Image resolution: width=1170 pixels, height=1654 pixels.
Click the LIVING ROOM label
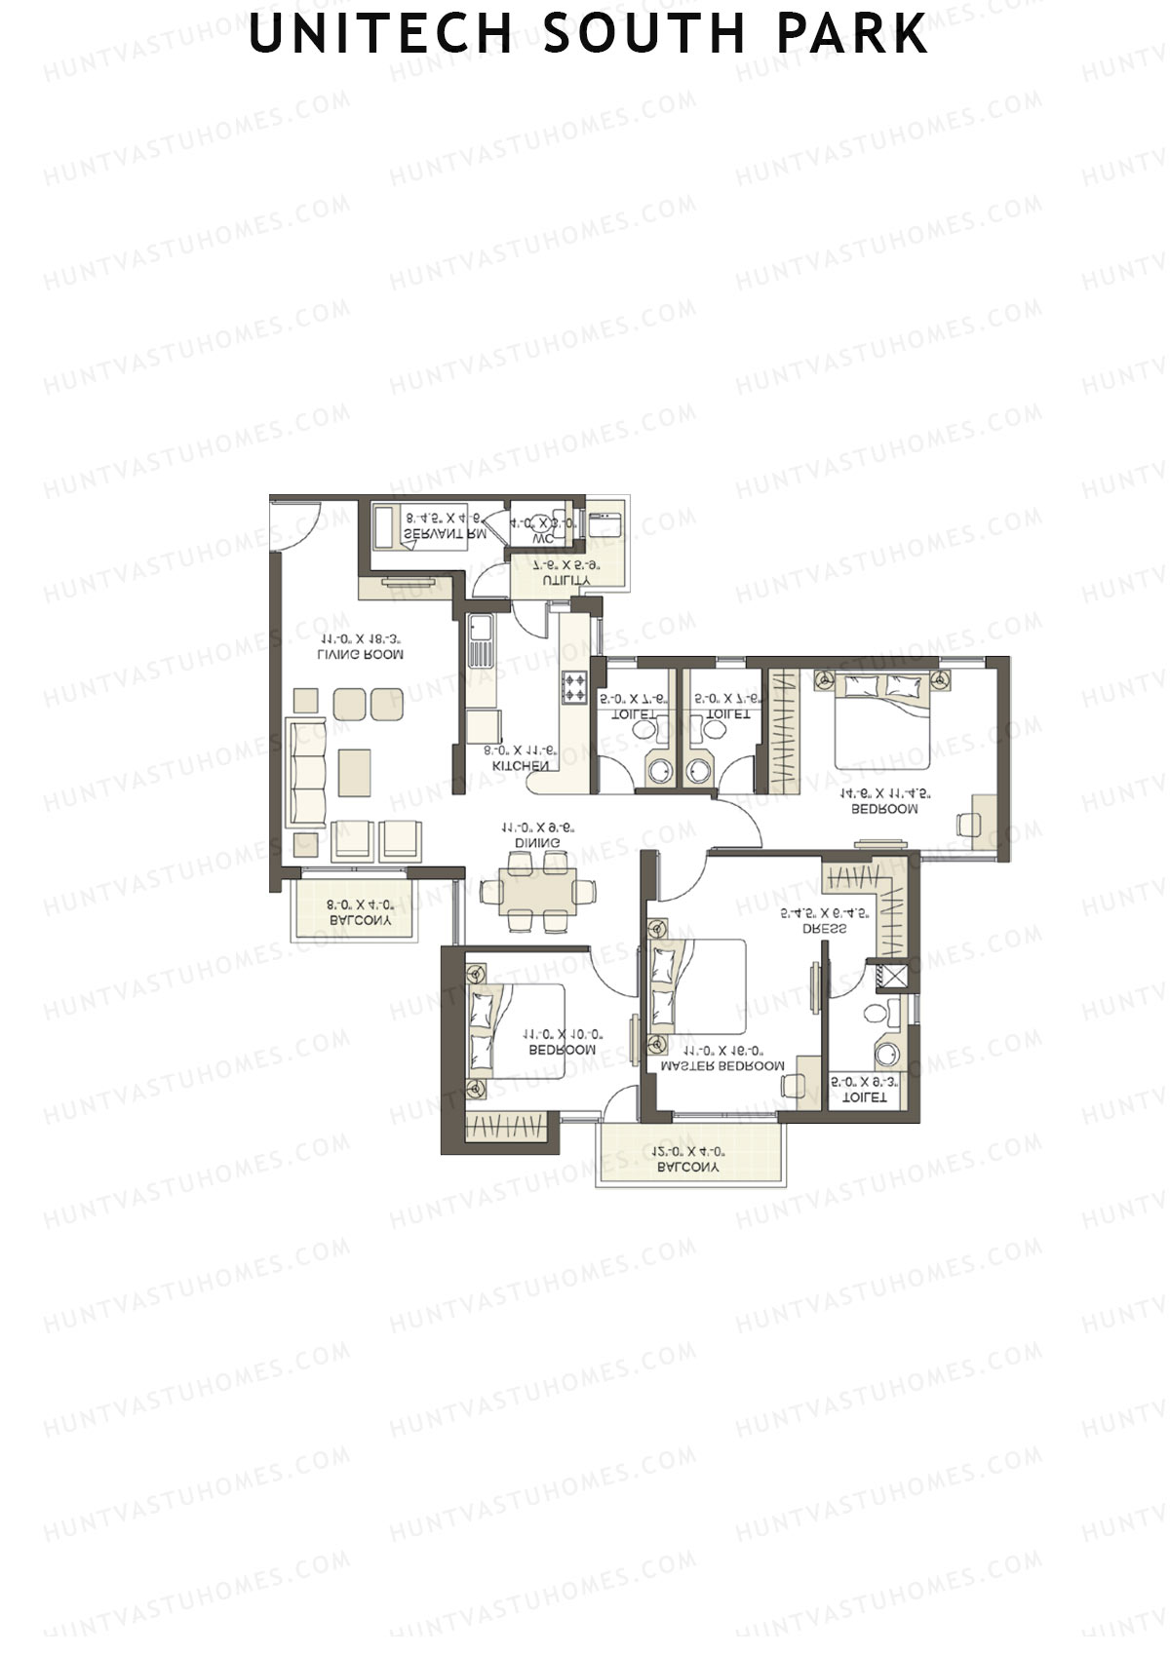coord(361,655)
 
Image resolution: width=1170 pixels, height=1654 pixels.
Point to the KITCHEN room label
coord(519,766)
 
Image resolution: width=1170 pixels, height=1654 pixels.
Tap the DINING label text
coord(538,842)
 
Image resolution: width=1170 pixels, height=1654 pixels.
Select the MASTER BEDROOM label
coord(722,1065)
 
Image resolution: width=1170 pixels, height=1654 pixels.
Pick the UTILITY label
coord(566,580)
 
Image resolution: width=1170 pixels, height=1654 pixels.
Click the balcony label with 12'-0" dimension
coord(688,1166)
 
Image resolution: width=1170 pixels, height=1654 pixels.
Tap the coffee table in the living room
coord(355,772)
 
